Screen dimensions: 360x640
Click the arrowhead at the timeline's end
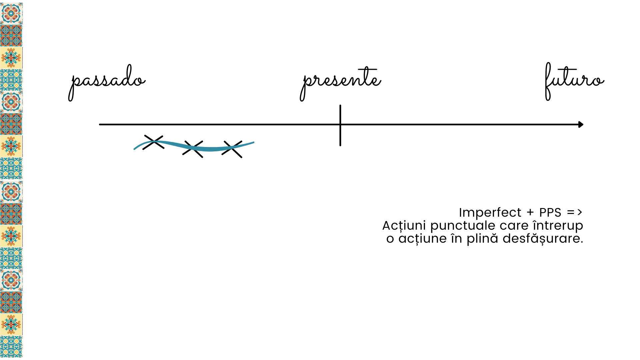(x=581, y=125)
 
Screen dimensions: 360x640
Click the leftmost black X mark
(x=154, y=142)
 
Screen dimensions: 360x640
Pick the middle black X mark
(x=193, y=149)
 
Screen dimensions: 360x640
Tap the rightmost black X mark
(x=232, y=149)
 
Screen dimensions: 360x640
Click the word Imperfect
(x=490, y=213)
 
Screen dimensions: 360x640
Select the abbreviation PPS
(x=550, y=213)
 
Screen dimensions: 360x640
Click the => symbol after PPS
(x=575, y=212)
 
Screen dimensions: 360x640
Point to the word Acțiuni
(x=404, y=226)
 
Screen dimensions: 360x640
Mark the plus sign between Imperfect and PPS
(x=530, y=213)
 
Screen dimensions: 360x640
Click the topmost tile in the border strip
(x=11, y=14)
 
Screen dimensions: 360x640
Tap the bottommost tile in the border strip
(x=11, y=347)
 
